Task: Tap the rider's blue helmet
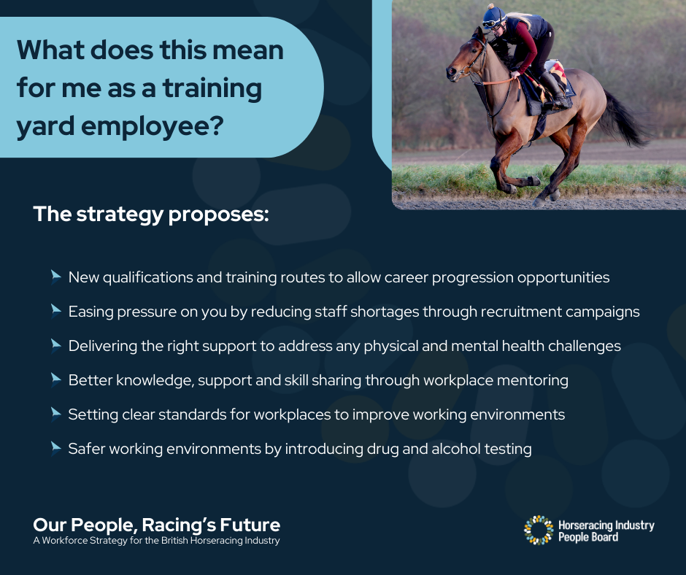(493, 14)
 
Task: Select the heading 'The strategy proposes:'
(151, 215)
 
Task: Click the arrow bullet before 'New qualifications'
(55, 277)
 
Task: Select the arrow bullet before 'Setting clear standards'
(55, 414)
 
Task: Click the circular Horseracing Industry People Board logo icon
(539, 530)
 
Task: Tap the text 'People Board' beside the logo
(588, 537)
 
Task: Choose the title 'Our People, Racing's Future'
(156, 524)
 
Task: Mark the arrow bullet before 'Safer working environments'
(55, 448)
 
